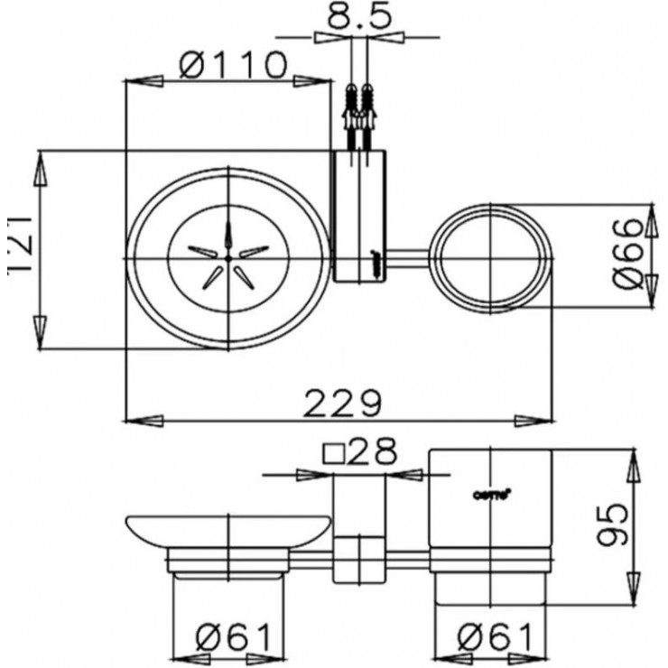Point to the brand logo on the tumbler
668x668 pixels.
click(493, 493)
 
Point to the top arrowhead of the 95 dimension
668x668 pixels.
click(634, 458)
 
